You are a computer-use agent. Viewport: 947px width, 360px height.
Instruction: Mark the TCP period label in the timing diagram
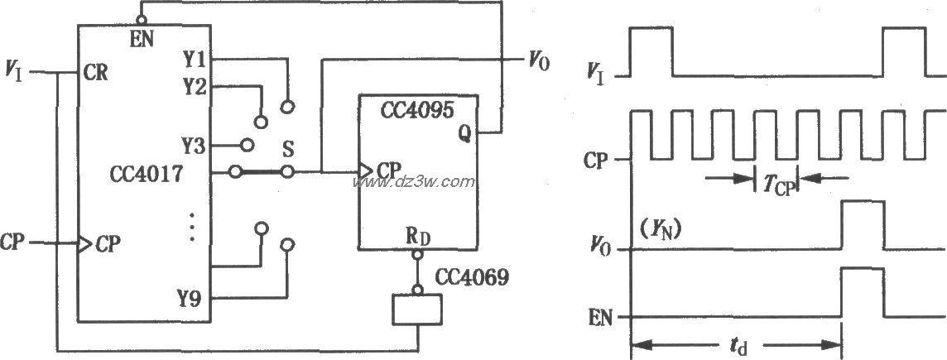pos(776,186)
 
